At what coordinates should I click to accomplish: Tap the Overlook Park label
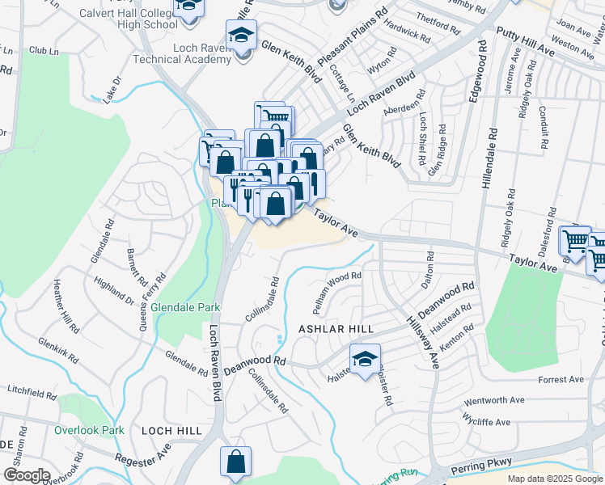click(x=89, y=430)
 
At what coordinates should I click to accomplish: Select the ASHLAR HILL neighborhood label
click(x=336, y=330)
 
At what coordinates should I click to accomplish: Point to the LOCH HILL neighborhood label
click(x=171, y=431)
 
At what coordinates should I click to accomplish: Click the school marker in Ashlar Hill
click(x=365, y=357)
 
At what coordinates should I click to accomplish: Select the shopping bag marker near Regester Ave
click(x=235, y=462)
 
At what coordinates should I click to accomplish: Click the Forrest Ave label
click(x=561, y=379)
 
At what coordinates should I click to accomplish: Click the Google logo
click(x=26, y=475)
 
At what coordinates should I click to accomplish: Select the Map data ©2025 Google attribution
click(x=555, y=479)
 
